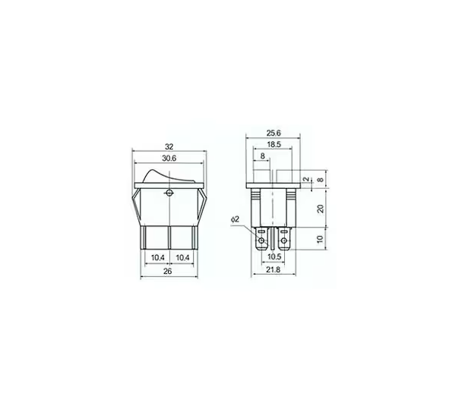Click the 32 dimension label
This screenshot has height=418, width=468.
(x=169, y=148)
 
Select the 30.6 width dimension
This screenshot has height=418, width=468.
(x=169, y=160)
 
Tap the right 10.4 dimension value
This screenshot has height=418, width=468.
(x=182, y=258)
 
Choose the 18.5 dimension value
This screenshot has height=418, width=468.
(x=274, y=144)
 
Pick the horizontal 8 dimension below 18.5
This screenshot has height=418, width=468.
(x=263, y=156)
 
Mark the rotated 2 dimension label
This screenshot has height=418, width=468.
(x=306, y=180)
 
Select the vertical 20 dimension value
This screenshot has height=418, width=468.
(x=320, y=209)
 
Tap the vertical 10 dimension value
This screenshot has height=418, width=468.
(x=320, y=240)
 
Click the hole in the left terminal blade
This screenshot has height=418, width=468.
(x=263, y=243)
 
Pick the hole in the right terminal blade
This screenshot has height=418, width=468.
(x=286, y=243)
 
